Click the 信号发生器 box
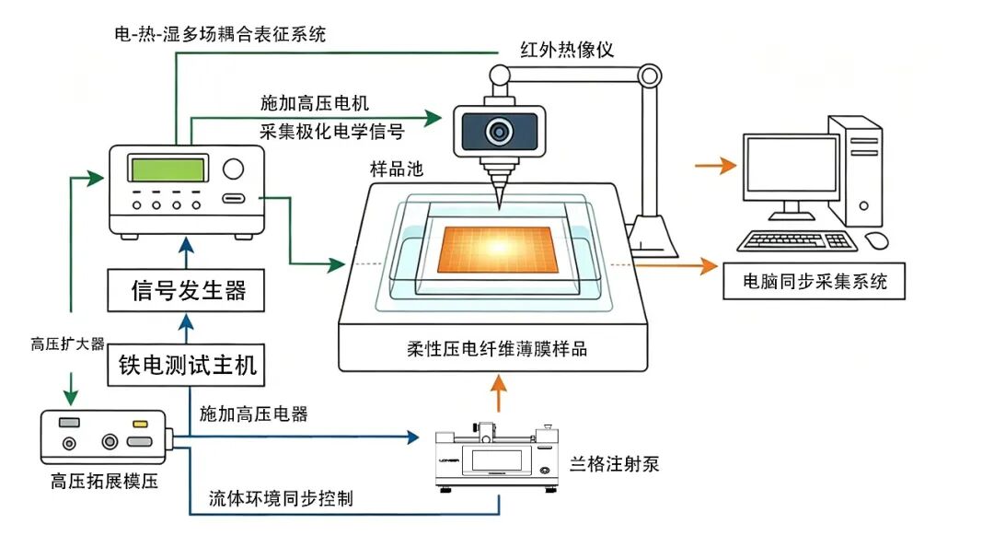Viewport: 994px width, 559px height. [x=186, y=291]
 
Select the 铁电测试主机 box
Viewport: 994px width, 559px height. [x=186, y=365]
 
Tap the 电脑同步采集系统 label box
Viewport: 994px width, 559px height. [x=814, y=281]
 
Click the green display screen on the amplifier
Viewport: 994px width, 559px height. [x=168, y=169]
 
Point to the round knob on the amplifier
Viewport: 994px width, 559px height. [x=233, y=169]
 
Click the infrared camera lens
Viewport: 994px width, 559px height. [x=500, y=132]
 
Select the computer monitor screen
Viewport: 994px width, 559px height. [x=792, y=164]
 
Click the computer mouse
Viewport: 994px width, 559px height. [x=877, y=240]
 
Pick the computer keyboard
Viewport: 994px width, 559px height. [x=797, y=241]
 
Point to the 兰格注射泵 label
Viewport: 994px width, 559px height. [x=614, y=464]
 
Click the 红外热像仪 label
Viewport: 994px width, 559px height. [x=567, y=50]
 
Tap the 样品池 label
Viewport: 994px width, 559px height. [x=396, y=169]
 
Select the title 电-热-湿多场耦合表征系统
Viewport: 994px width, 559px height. [x=220, y=34]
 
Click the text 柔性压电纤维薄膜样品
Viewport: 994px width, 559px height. [x=497, y=349]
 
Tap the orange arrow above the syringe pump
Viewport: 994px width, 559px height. [x=499, y=393]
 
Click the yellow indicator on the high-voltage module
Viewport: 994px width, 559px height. [x=140, y=424]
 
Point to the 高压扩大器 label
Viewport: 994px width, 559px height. [x=67, y=344]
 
